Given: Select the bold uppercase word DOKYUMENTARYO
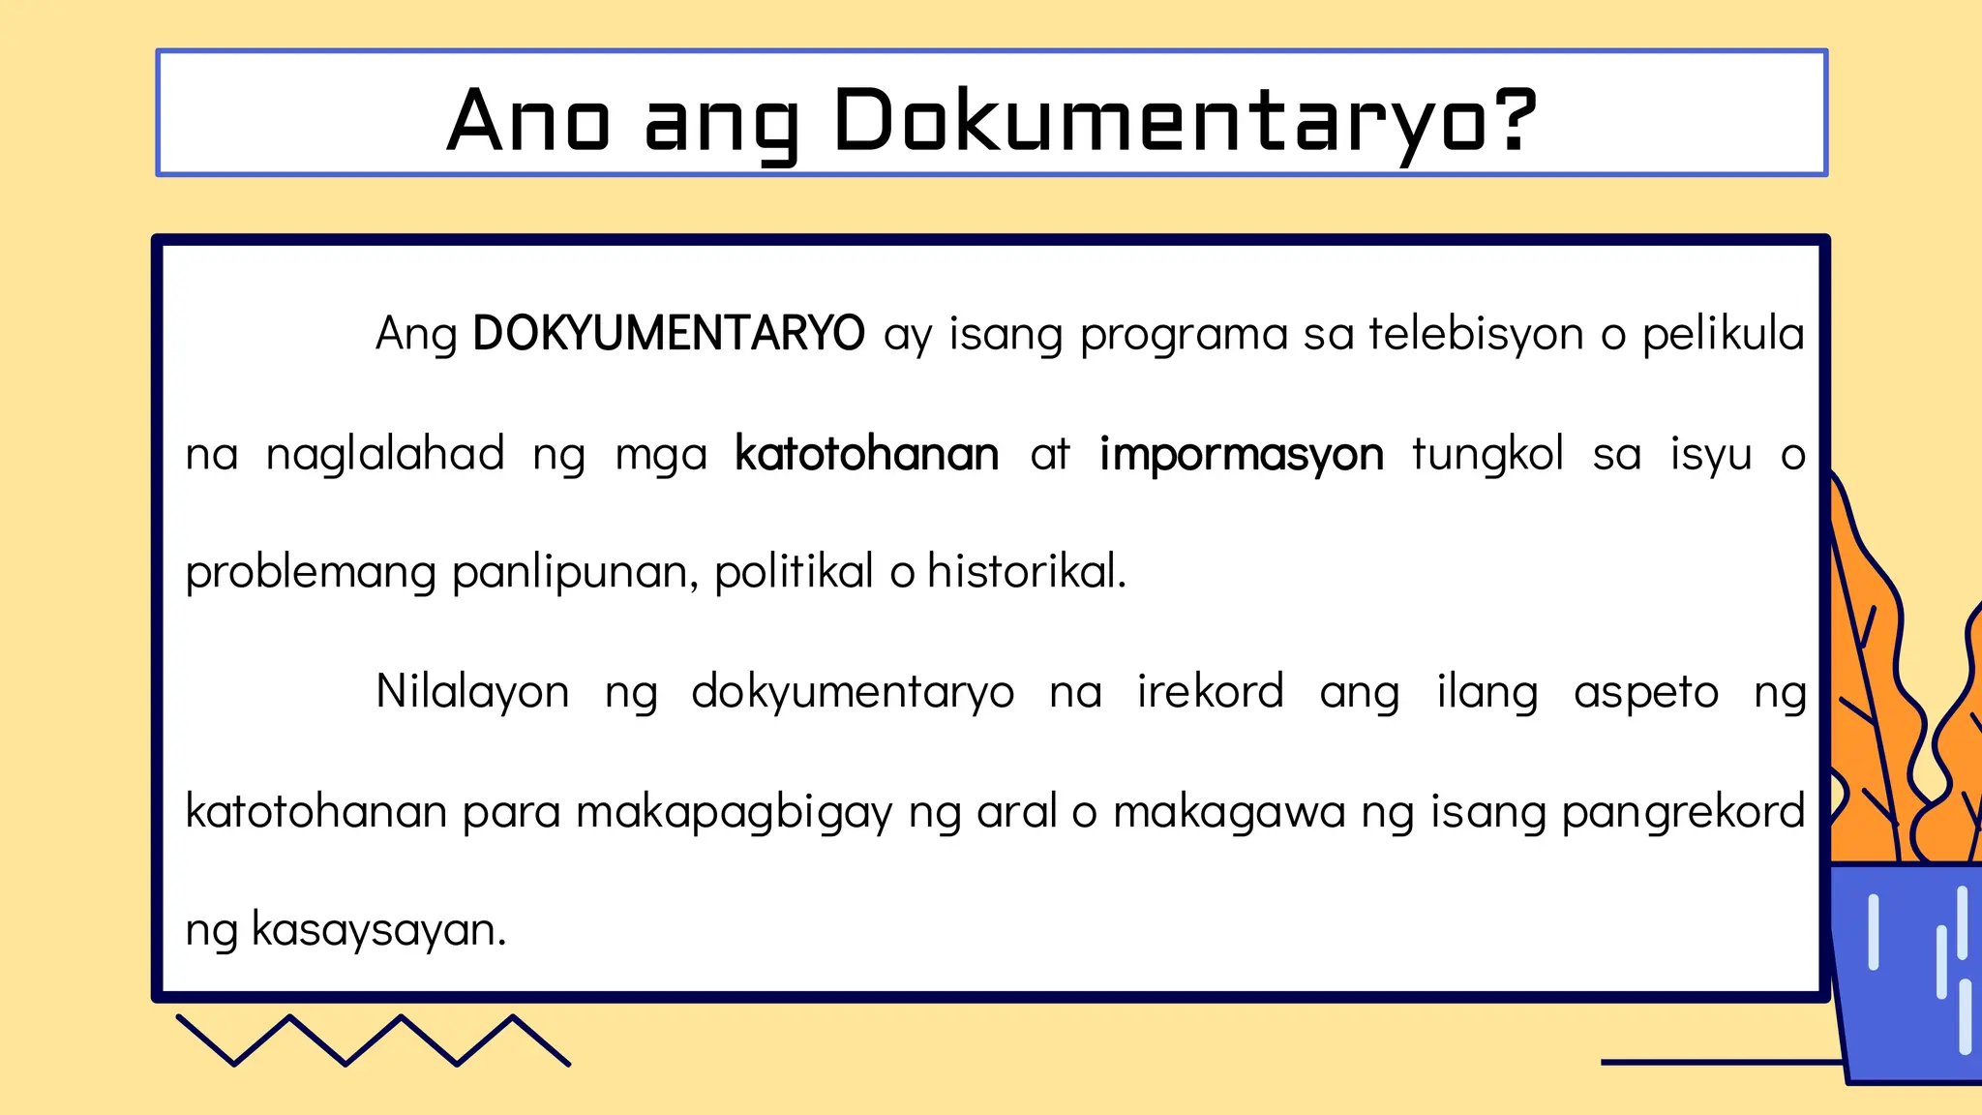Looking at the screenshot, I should point(668,334).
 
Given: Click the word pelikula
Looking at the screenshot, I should point(1723,334).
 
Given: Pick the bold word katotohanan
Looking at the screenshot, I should point(866,454).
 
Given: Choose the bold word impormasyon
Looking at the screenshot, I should point(1241,455).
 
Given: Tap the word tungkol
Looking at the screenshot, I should point(1487,454).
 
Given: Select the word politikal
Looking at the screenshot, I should point(794,571).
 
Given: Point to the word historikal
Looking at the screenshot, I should point(1026,571).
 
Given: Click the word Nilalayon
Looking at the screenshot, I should point(472,692).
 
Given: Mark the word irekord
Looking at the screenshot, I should point(1210,692).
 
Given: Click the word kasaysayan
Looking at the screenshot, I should point(378,930).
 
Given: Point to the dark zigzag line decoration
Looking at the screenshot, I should point(374,1040).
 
